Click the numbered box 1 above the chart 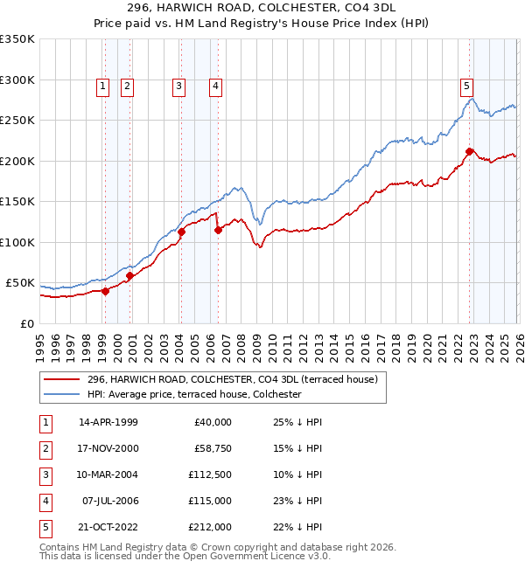(x=103, y=86)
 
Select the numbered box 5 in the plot (x=466, y=86)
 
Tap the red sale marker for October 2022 (x=470, y=152)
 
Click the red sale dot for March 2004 (x=182, y=232)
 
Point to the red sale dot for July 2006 (x=218, y=231)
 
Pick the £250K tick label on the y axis (x=17, y=121)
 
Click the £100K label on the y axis (x=17, y=242)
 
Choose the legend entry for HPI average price (x=193, y=395)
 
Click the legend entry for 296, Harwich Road (x=232, y=379)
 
